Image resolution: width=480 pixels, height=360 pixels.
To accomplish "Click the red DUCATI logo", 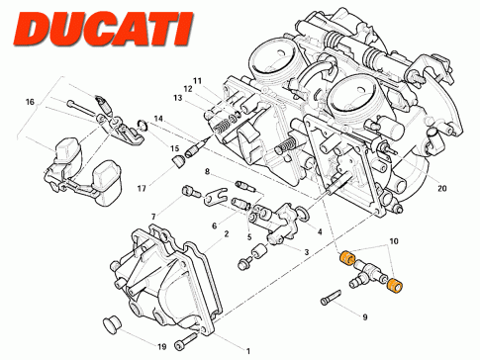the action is tap(104, 29).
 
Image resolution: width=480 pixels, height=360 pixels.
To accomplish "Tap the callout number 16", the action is tap(30, 102).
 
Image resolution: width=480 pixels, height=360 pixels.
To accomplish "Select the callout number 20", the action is tap(442, 188).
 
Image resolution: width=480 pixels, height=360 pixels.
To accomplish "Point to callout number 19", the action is tap(161, 347).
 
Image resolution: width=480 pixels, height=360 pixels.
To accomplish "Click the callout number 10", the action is tap(394, 241).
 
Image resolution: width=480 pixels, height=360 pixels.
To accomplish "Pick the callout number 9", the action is tap(365, 317).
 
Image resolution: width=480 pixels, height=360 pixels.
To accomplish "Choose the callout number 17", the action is tap(142, 189).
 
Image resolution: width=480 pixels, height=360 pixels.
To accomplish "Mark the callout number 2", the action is tap(227, 234).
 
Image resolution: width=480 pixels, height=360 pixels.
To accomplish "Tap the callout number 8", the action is tap(207, 172).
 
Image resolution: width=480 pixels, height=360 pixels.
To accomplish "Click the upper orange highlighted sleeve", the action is tap(347, 258).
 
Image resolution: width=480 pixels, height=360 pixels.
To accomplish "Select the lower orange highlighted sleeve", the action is tap(394, 286).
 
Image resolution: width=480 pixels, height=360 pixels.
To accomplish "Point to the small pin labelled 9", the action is tap(331, 297).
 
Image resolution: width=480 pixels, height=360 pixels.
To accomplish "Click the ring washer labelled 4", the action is tap(303, 213).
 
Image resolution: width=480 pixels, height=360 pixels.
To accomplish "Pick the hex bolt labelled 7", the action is tap(191, 191).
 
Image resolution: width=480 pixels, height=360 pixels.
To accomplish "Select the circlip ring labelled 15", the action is tap(142, 126).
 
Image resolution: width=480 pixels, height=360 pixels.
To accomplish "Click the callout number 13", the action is tap(178, 98).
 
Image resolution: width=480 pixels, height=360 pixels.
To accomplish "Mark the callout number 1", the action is tap(248, 351).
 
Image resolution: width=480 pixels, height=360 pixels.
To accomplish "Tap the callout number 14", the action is tap(158, 119).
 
